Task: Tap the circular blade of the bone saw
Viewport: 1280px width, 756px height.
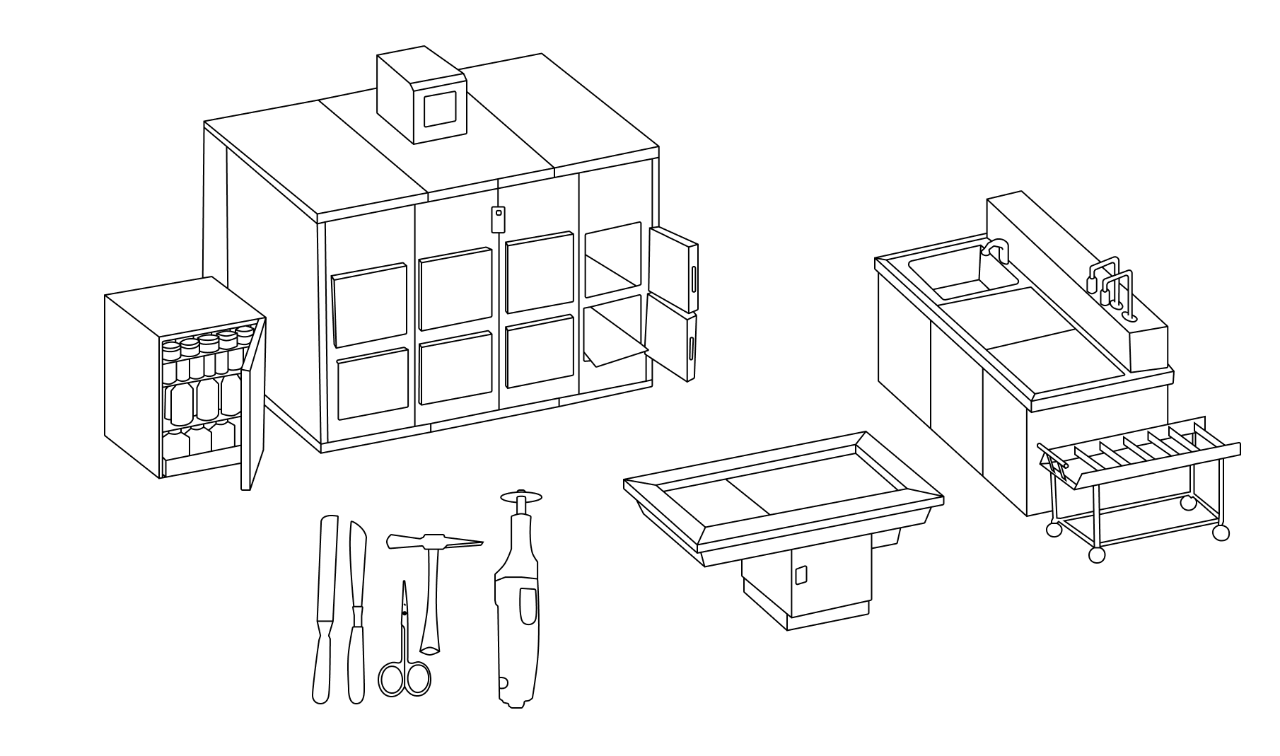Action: point(520,495)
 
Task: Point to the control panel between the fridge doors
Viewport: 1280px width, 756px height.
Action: point(499,219)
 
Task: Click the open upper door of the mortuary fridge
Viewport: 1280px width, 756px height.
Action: point(674,267)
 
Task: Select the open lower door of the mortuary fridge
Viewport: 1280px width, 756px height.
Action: point(672,336)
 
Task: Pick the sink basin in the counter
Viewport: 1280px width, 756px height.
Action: point(962,272)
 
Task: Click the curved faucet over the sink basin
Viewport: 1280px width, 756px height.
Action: point(996,250)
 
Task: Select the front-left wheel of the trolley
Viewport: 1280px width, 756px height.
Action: point(1096,554)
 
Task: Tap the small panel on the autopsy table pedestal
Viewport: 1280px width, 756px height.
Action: point(801,575)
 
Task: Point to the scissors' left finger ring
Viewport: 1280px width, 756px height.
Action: point(390,679)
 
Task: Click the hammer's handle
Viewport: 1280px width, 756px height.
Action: point(431,601)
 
